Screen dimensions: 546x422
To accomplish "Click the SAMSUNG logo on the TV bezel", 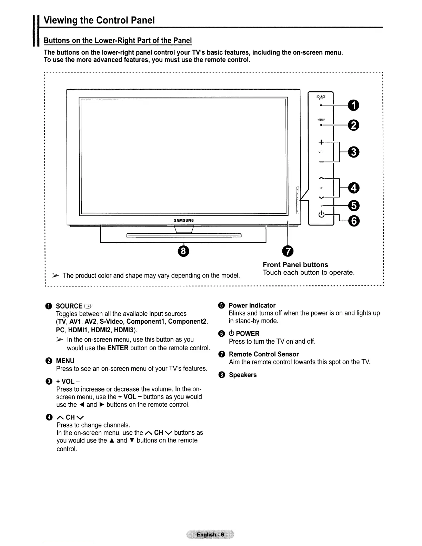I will pos(184,220).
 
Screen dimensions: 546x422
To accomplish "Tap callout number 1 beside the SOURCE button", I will pos(354,105).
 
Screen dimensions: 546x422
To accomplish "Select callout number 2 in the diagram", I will pos(354,125).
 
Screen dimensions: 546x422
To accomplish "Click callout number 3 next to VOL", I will pos(354,152).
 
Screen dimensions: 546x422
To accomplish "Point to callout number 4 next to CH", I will pos(354,188).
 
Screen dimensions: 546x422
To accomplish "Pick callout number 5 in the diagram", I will pos(354,205).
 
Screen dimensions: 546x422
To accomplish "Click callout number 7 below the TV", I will pos(288,251).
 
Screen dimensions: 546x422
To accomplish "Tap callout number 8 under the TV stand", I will pos(183,251).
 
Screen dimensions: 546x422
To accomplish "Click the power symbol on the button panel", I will pos(321,214).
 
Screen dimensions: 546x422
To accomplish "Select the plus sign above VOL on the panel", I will pos(321,142).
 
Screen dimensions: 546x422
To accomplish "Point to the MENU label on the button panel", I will pos(321,120).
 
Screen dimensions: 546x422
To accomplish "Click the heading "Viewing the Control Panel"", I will pos(99,20).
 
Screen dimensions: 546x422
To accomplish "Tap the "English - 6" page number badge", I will pos(210,535).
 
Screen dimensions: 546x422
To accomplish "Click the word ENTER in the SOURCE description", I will pos(118,348).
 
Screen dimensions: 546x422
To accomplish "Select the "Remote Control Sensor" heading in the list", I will pos(264,354).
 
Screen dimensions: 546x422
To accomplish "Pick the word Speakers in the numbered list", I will pos(243,375).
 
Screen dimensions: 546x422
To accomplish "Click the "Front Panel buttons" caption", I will pos(295,265).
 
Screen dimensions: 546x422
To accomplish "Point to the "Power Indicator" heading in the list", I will pos(252,305).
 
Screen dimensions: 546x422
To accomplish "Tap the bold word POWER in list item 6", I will pos(248,333).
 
